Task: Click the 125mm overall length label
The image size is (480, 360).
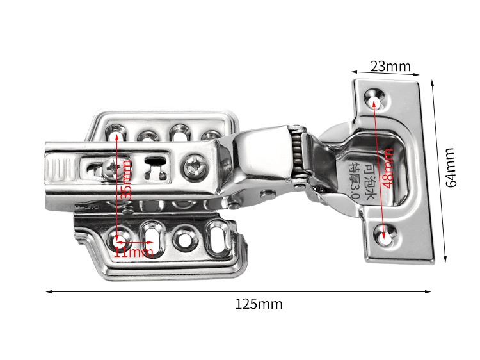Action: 258,304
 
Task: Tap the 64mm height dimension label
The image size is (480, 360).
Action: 451,168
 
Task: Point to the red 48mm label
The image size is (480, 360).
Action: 386,168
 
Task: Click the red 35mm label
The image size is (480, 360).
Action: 127,179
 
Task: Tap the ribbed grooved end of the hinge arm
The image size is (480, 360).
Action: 60,172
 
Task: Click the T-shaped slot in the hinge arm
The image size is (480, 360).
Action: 154,168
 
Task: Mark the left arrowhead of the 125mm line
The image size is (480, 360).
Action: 48,291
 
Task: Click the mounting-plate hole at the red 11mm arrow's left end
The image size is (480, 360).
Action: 119,242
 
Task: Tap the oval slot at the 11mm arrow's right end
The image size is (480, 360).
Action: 153,240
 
